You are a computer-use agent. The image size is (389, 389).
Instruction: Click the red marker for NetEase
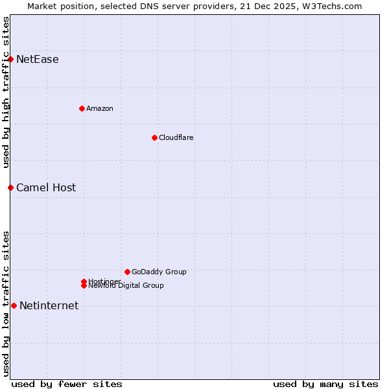pos(10,59)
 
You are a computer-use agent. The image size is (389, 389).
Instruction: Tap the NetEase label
pos(38,60)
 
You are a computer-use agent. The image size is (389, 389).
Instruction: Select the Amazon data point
pos(82,108)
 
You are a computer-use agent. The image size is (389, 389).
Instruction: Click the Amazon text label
pos(100,108)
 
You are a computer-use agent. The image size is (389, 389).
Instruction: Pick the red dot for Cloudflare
pos(154,137)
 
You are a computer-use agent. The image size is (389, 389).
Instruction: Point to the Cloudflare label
pos(176,137)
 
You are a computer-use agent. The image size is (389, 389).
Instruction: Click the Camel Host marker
pos(10,187)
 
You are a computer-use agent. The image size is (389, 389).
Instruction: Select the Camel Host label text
pos(46,188)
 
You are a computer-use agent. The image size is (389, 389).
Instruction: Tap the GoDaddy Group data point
pos(127,272)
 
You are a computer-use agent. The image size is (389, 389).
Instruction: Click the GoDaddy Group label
pos(159,272)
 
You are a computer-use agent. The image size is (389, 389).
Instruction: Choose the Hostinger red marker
pos(84,281)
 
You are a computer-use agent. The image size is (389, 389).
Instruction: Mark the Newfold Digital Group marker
pos(84,285)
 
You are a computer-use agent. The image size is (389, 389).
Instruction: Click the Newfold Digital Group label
pos(126,286)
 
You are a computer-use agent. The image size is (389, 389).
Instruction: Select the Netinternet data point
pos(14,305)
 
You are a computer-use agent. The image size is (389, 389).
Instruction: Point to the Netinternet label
pos(49,306)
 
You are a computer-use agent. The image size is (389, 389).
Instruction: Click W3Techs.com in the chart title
pos(335,6)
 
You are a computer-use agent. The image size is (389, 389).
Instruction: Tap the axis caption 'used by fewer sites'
pos(67,384)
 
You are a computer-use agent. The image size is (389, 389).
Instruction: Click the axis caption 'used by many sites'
pos(325,384)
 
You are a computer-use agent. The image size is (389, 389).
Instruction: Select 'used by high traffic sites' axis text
pos(6,92)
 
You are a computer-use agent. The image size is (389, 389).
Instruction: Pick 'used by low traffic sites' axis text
pos(6,303)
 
